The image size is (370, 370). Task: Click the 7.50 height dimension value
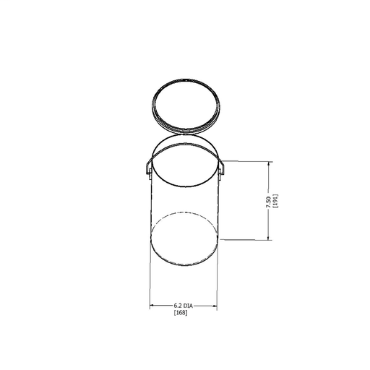click(x=268, y=202)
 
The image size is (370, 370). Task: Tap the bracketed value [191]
click(x=275, y=201)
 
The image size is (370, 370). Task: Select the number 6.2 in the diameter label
click(x=178, y=306)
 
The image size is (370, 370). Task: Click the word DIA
click(x=188, y=306)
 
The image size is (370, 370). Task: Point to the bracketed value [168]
click(x=181, y=313)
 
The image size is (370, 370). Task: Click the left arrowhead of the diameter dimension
click(x=152, y=306)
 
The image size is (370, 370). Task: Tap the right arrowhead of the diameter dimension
click(x=215, y=306)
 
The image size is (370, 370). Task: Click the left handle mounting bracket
click(x=150, y=173)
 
